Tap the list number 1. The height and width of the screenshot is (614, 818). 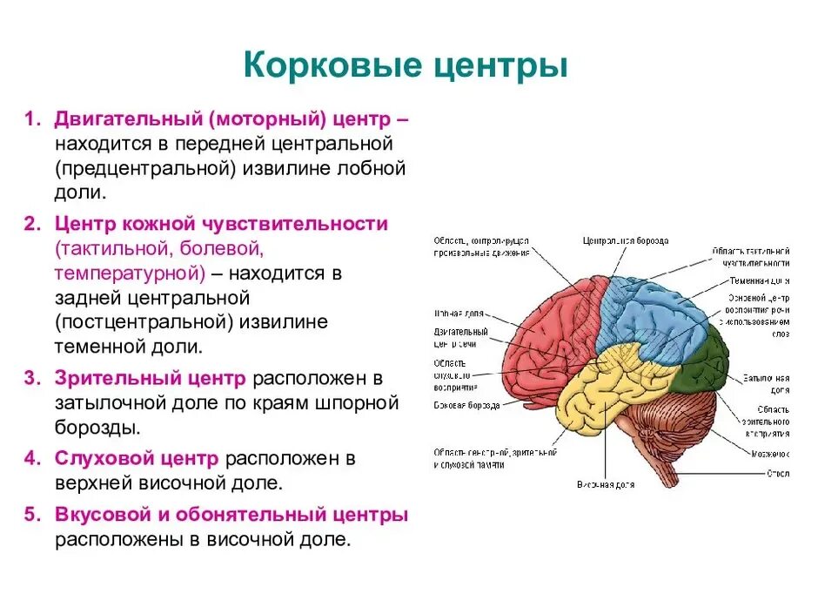point(30,118)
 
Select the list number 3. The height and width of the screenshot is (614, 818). point(30,379)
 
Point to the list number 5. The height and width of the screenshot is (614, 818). point(30,515)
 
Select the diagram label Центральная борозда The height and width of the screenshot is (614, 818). point(625,240)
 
